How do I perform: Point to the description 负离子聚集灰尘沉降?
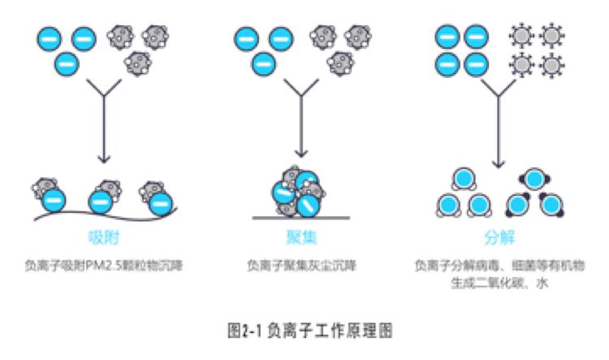pyautogui.click(x=301, y=266)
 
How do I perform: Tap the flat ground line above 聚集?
pyautogui.click(x=302, y=218)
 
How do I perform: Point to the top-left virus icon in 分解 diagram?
pyautogui.click(x=519, y=37)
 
